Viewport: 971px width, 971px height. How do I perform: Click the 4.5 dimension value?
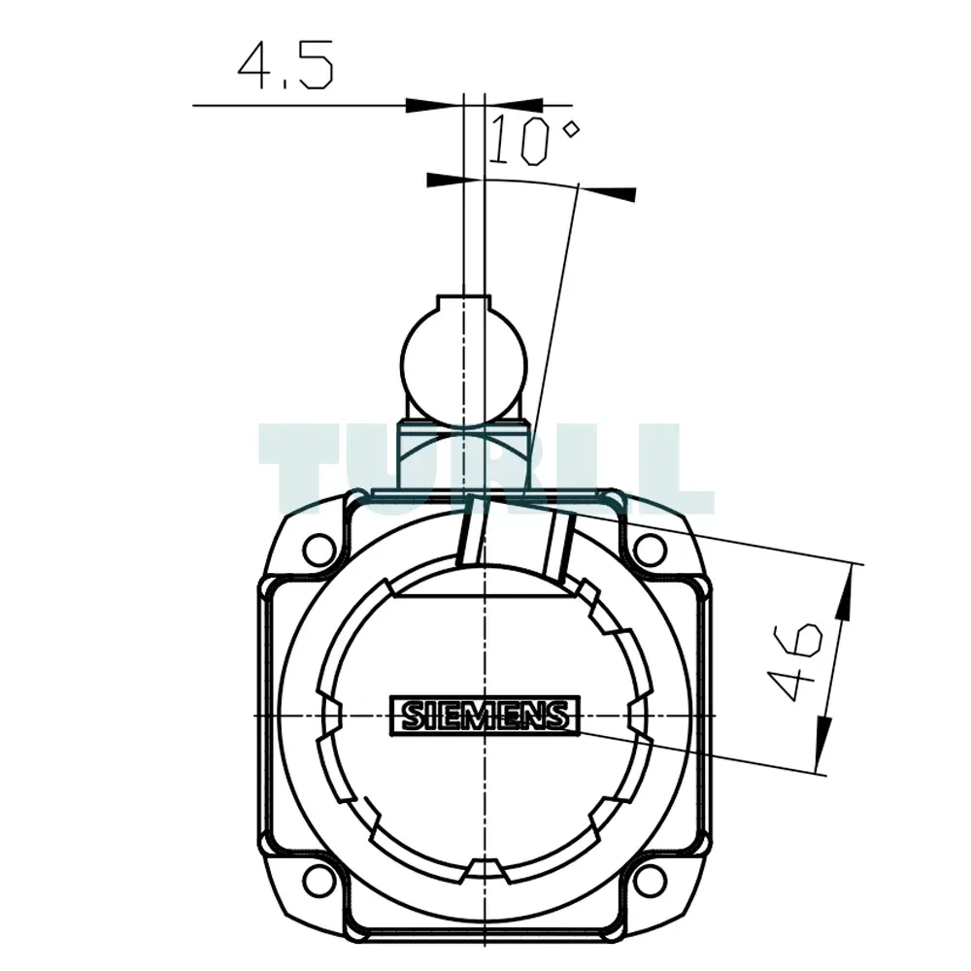[285, 65]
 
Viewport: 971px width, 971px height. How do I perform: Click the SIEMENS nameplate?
[485, 716]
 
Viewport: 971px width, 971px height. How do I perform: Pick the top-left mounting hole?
[319, 549]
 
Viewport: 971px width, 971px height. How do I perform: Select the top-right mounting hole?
[650, 549]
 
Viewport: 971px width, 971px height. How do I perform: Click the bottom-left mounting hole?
[319, 880]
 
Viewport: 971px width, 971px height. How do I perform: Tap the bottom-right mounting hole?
[650, 880]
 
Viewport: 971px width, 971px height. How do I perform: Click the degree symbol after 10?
[571, 130]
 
